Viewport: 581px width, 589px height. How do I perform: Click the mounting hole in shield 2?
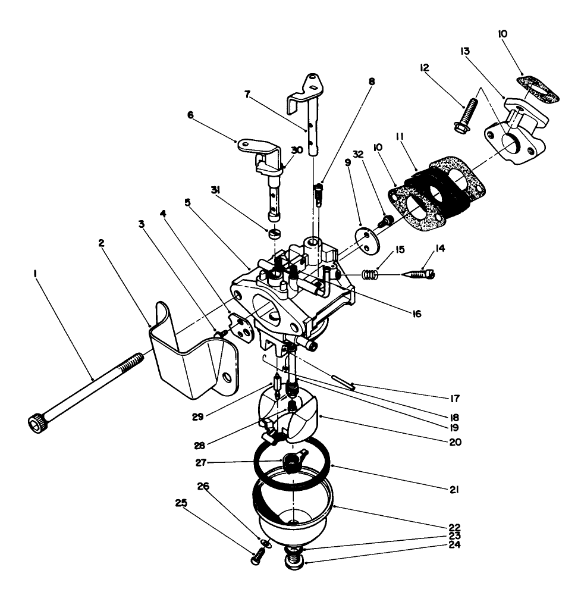[x=227, y=377]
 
